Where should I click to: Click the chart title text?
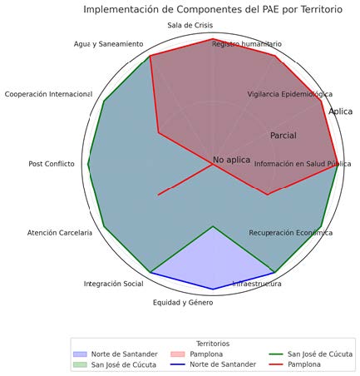coord(213,9)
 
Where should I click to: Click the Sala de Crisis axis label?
coord(190,25)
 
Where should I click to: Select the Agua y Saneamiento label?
coord(108,44)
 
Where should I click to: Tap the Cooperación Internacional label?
coord(48,94)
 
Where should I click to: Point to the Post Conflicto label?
coord(52,164)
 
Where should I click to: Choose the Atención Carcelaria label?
coord(60,233)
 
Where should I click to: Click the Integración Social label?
coord(114,284)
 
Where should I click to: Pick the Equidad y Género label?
coord(183,303)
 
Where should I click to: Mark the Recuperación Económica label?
coord(291,233)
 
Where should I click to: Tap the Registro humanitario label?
coord(247,44)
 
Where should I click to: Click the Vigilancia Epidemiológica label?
coord(290,94)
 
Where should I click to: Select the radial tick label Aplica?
coord(341,111)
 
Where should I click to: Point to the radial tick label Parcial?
coord(284,136)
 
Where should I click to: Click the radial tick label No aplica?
coord(232,160)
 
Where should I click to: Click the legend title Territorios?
coord(213,344)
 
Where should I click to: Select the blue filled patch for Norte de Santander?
coord(81,354)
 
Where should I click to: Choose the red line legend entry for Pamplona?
coord(276,364)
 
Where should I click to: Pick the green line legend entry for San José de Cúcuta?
coord(276,354)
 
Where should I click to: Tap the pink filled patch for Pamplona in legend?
coord(178,354)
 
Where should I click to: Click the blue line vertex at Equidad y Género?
coord(213,289)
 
